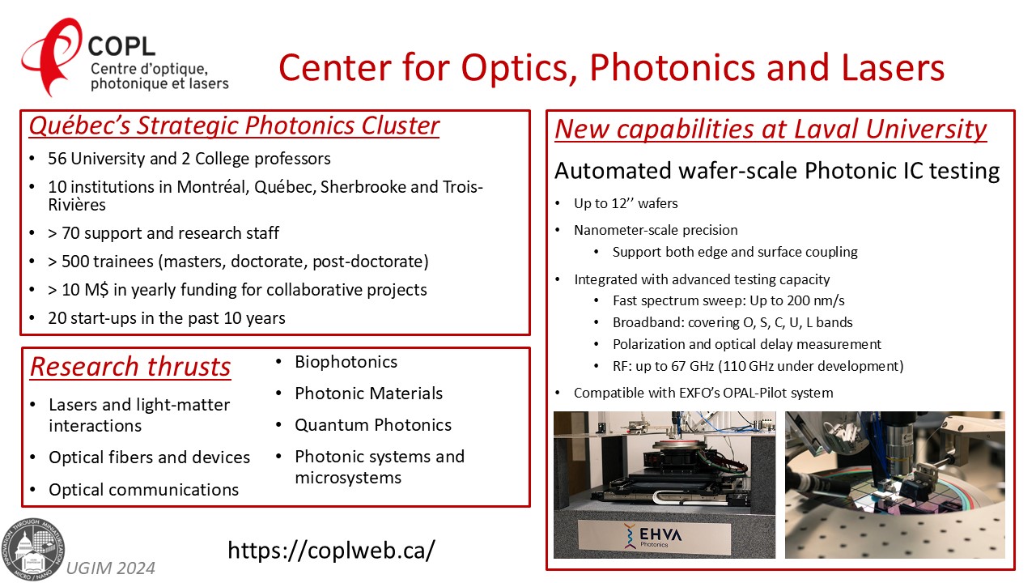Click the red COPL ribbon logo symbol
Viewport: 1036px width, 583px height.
pos(51,56)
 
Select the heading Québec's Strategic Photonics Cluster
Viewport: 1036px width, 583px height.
pos(234,126)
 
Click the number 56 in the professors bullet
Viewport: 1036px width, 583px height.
pos(57,159)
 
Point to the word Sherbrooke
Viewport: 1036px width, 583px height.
pos(363,187)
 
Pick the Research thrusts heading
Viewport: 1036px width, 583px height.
pos(130,367)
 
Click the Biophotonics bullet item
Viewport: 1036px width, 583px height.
pos(346,362)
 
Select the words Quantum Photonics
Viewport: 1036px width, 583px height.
pos(373,425)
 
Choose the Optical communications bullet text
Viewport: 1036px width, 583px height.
pos(144,490)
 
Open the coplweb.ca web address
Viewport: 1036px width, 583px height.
pos(331,550)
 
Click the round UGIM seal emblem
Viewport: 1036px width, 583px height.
pos(32,550)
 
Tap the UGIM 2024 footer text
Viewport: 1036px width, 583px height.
pos(111,568)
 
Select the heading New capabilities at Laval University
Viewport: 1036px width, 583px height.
pos(771,129)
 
